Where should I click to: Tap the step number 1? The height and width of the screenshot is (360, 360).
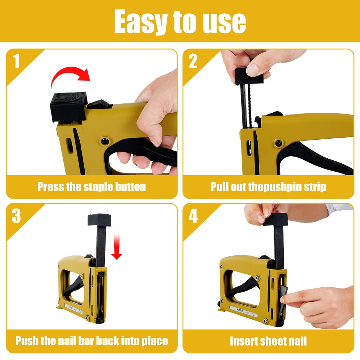17,61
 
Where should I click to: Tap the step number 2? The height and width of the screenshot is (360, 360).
193,61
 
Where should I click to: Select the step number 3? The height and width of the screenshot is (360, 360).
17,216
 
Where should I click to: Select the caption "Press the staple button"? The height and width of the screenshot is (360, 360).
92,187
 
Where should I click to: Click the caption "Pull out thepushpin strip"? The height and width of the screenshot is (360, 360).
268,187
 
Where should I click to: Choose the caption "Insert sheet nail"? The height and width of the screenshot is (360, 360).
268,341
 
